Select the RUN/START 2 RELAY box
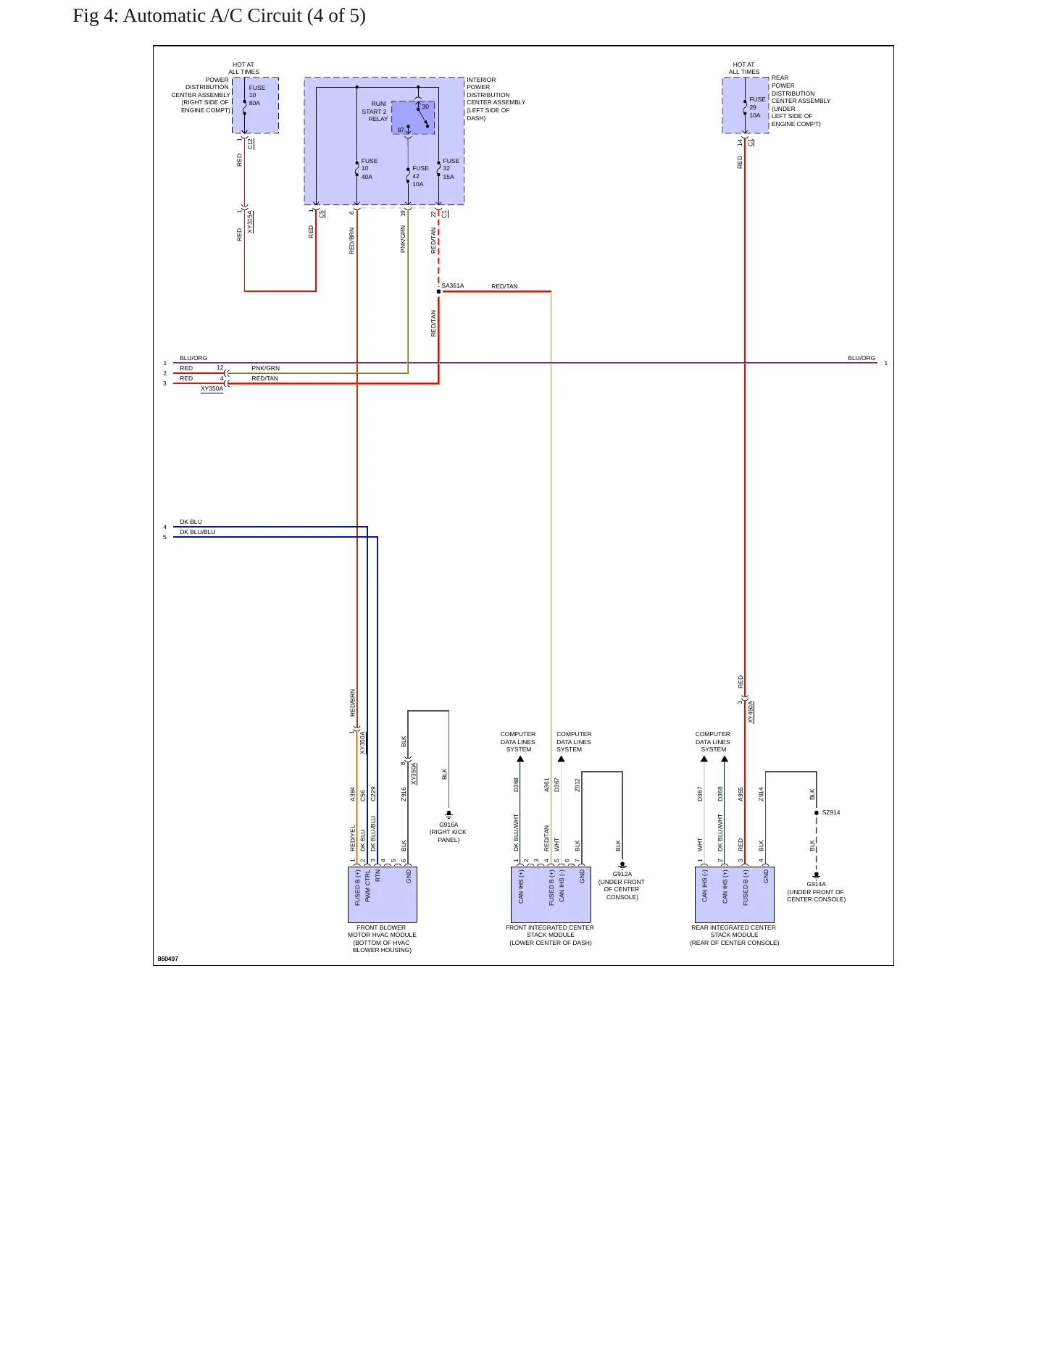click(413, 117)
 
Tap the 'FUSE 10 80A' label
click(256, 95)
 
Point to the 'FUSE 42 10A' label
click(420, 176)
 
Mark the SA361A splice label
click(453, 285)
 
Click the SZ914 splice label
click(831, 812)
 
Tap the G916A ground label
click(449, 825)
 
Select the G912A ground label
click(622, 874)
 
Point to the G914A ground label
click(816, 884)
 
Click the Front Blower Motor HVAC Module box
click(383, 894)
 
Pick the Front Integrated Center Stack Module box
click(551, 894)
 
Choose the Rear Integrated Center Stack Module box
click(735, 894)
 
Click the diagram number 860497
click(168, 959)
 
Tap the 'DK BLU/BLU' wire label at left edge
click(198, 532)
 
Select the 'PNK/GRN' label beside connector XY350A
click(266, 368)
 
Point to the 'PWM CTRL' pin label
click(368, 886)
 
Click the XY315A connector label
click(250, 222)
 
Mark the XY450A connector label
click(751, 712)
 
